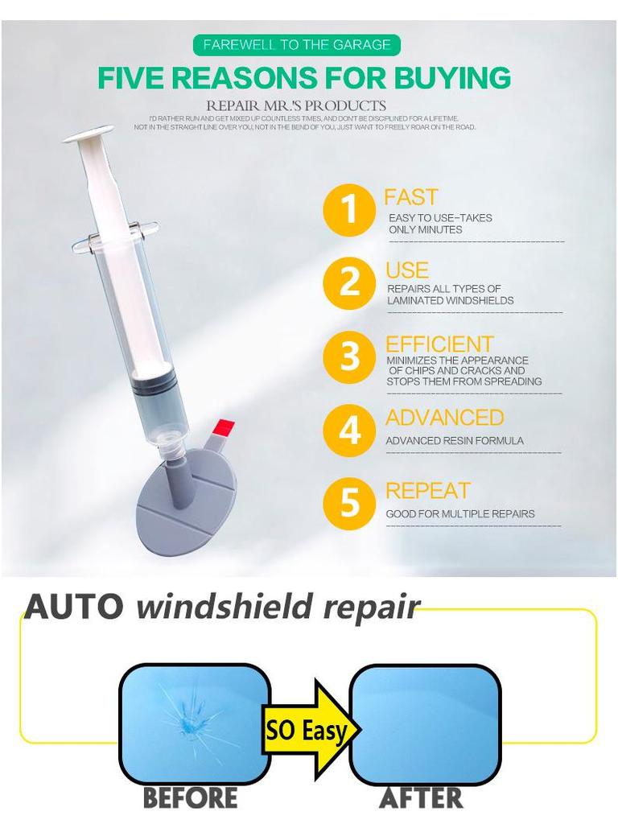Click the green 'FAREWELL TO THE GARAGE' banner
click(x=297, y=45)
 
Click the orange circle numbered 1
click(x=348, y=210)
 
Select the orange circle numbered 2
click(x=348, y=283)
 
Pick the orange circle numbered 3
click(x=348, y=356)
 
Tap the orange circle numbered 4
click(x=348, y=431)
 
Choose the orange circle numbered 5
click(x=348, y=504)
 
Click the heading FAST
click(x=410, y=197)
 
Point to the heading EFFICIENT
click(x=439, y=344)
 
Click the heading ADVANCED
click(x=444, y=418)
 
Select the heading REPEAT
click(x=427, y=491)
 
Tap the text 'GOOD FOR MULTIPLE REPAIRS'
click(x=459, y=514)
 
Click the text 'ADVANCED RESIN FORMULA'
click(x=454, y=441)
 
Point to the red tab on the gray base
click(x=225, y=426)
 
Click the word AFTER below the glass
click(x=421, y=798)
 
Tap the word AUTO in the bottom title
click(x=74, y=607)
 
